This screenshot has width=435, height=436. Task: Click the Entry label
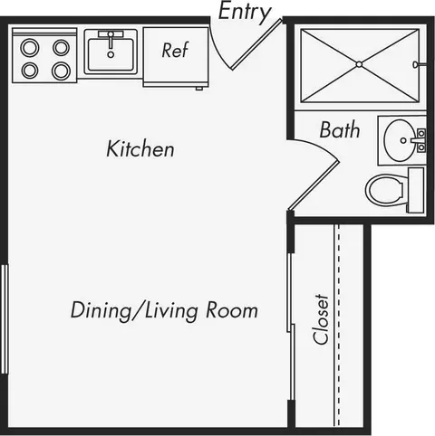click(245, 12)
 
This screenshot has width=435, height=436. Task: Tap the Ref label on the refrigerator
click(175, 50)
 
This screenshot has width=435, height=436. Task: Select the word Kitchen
click(140, 148)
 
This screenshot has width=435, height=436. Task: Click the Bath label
click(340, 129)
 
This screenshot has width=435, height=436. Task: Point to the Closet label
click(321, 319)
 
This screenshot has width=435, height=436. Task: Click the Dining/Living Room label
click(164, 310)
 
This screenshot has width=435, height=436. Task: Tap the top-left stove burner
click(30, 48)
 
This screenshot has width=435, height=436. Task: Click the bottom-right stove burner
click(62, 71)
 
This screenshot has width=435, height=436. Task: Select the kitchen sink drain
click(111, 54)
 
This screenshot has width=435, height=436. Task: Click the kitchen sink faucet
click(111, 39)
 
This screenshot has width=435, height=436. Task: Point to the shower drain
click(359, 64)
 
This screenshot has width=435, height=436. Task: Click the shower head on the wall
click(420, 64)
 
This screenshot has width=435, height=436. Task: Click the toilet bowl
click(384, 190)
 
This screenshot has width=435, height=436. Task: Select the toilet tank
click(416, 190)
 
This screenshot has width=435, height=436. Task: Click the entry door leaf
click(256, 44)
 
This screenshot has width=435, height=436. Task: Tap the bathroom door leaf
click(314, 185)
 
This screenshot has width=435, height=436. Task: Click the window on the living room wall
click(5, 319)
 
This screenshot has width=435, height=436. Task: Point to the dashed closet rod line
click(339, 325)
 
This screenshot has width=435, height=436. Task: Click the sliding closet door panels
click(290, 327)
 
